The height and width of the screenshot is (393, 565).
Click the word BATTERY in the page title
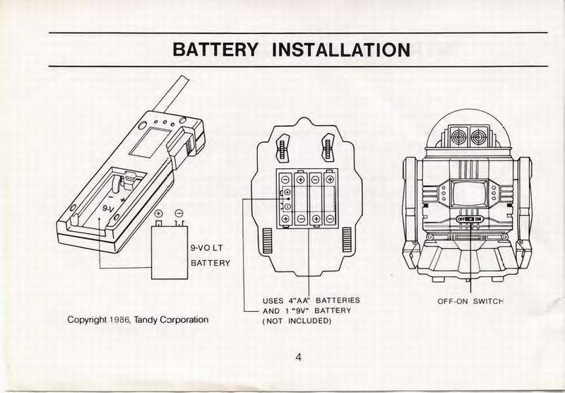coord(216,50)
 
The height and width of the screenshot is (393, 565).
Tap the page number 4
coord(299,357)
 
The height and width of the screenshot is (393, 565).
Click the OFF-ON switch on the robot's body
coord(470,219)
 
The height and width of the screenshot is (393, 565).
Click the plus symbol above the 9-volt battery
coord(159,213)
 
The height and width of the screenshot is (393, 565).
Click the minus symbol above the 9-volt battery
coord(179,213)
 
